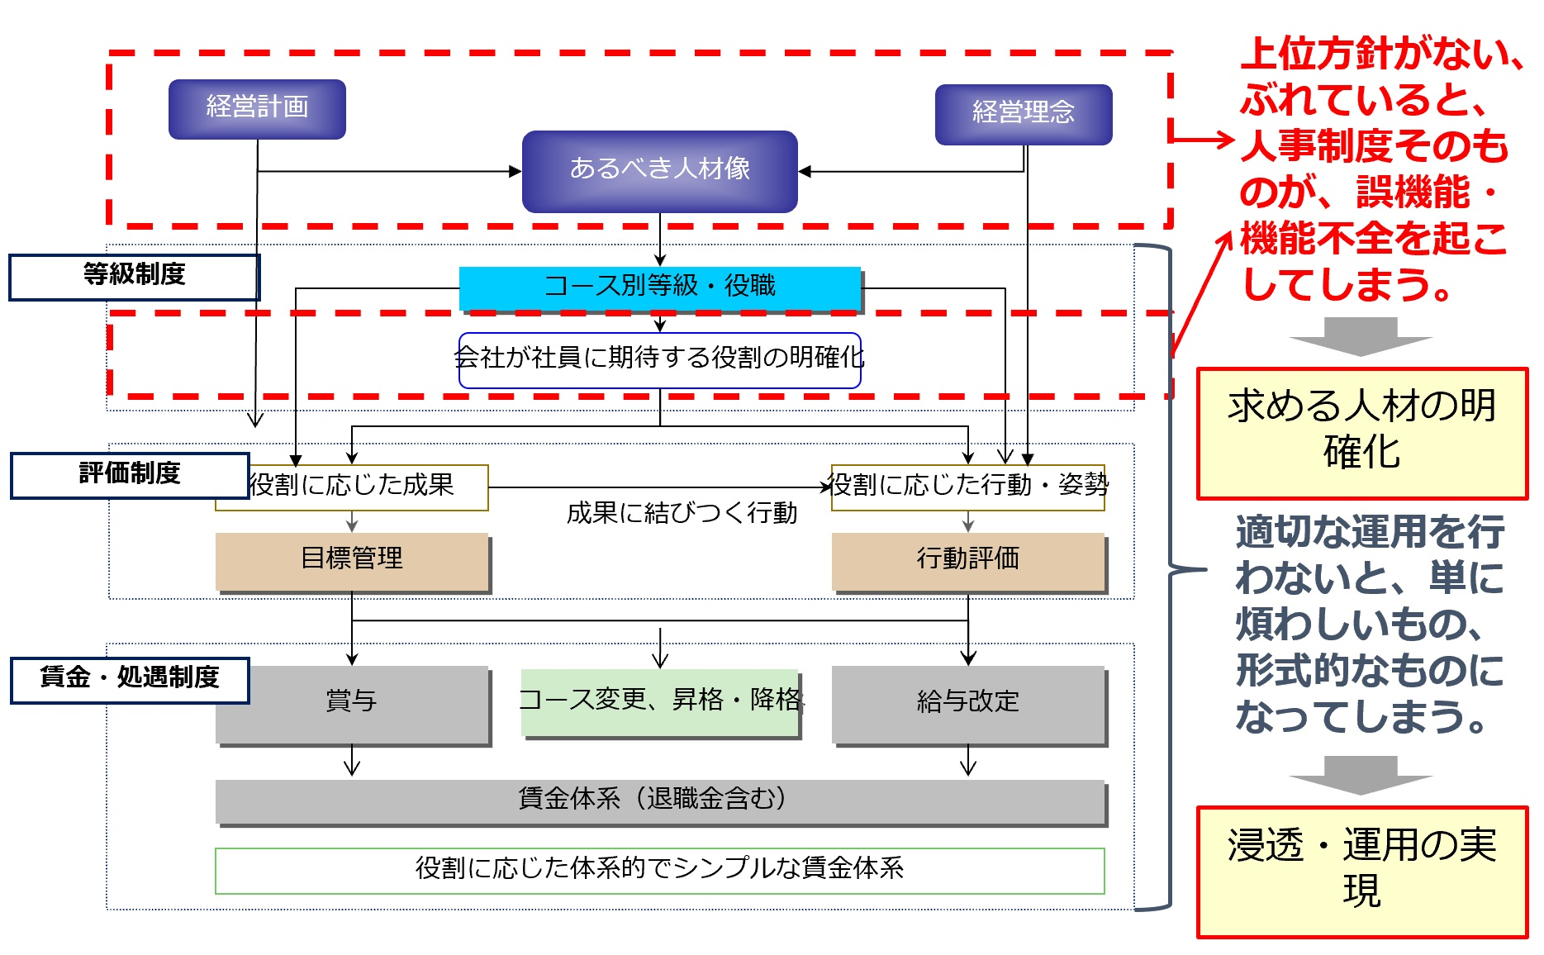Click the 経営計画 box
click(257, 109)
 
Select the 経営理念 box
click(1023, 114)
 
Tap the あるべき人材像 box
click(659, 170)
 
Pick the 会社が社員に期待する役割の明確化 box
click(659, 359)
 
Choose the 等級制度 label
click(134, 276)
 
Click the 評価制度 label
click(130, 475)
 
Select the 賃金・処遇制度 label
click(130, 679)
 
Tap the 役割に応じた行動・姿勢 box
click(967, 487)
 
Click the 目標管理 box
click(352, 560)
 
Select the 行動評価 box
click(967, 560)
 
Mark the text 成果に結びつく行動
click(682, 514)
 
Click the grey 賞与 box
click(352, 703)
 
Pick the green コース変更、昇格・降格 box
click(659, 701)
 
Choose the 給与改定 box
click(967, 703)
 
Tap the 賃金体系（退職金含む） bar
click(659, 801)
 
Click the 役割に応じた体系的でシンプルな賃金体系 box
click(659, 870)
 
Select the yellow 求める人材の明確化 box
click(1361, 432)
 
